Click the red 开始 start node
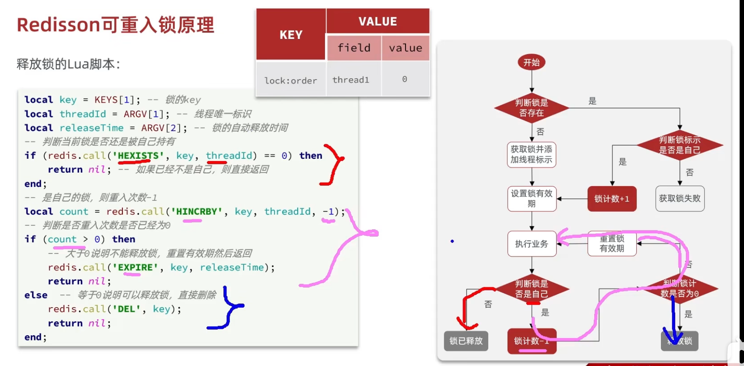pos(531,62)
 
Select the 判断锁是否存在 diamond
pos(531,108)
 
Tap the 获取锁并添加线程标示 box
pos(531,154)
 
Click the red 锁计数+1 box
pos(612,199)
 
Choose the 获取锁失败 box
pos(680,199)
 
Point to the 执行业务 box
pos(531,244)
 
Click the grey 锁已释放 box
pos(466,341)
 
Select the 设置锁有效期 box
pos(531,199)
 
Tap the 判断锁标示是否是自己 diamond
pos(680,145)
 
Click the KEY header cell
pos(291,35)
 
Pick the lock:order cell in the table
pos(291,80)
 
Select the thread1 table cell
pos(351,80)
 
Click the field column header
pos(354,48)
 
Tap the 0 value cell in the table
pos(405,80)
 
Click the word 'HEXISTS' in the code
pos(138,156)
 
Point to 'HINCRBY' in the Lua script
pos(196,212)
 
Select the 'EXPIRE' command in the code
pos(135,267)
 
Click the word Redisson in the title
pos(59,25)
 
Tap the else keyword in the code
pos(36,295)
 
